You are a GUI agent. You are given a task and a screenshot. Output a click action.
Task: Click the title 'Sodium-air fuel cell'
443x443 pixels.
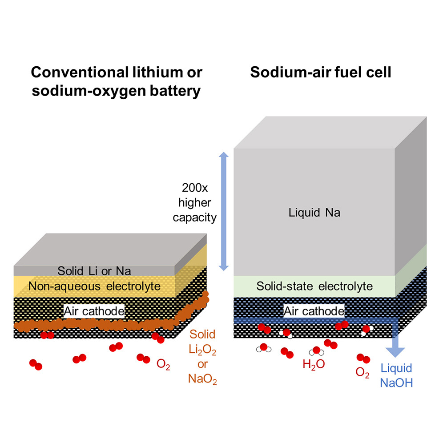320,72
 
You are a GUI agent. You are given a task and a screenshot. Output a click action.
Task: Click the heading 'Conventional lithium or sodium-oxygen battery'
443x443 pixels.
116,81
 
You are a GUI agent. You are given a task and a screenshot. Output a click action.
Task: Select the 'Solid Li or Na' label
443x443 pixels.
94,270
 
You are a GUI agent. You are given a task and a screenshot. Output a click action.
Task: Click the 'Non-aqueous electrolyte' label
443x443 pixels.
94,286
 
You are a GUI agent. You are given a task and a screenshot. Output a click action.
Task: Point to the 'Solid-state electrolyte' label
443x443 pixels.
314,286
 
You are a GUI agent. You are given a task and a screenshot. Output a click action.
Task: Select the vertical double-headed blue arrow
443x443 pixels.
224,211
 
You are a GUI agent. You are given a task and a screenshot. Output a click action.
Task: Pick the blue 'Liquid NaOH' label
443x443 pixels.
396,375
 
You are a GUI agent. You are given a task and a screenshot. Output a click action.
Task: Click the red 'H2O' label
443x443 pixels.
314,365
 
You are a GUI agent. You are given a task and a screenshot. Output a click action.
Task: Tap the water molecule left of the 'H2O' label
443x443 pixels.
262,348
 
